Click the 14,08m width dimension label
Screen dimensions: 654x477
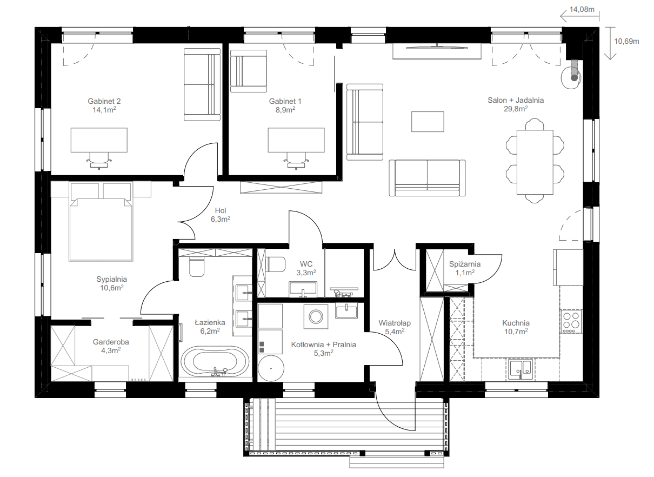coord(582,10)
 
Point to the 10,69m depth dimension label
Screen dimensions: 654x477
coord(626,42)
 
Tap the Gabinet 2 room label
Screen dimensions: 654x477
coord(104,101)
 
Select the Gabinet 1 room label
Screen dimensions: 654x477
coord(285,101)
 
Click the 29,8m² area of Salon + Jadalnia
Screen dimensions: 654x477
coord(516,109)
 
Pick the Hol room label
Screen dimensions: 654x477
coord(221,210)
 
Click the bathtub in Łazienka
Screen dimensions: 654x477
coord(215,362)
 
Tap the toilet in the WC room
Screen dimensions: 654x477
coord(276,264)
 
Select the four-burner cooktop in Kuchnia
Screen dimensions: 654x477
coord(571,322)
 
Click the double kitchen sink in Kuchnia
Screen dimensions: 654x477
coord(520,369)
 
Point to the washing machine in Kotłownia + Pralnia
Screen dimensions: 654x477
coord(316,316)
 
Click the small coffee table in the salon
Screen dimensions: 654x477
coord(428,122)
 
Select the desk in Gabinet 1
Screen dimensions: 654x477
coord(296,140)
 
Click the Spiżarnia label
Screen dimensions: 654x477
coord(464,264)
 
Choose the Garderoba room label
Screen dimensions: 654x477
coord(111,342)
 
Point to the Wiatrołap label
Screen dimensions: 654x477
coord(395,323)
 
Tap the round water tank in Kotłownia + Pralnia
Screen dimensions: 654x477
coord(271,368)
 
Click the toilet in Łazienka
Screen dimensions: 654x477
coord(197,267)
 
